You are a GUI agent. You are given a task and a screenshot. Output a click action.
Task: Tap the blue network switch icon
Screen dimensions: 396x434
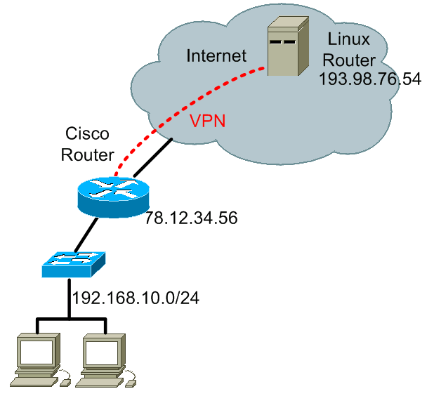coord(73,262)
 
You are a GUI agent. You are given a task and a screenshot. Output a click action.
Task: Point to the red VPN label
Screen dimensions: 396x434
coord(207,119)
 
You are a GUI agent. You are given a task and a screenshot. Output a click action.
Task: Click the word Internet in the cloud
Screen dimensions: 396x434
coord(217,55)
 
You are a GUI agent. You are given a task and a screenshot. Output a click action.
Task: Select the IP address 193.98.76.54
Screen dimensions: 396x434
coord(369,79)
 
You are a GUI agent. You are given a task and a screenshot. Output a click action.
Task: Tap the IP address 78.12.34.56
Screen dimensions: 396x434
coord(191,218)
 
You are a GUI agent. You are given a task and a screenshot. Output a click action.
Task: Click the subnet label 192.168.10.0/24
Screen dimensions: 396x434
coord(136,298)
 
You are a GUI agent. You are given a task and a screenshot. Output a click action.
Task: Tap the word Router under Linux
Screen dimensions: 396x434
coord(349,60)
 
